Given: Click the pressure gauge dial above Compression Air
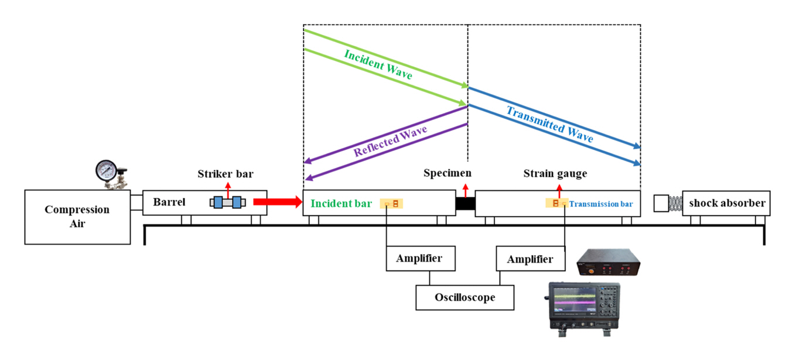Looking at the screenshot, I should click(x=107, y=170).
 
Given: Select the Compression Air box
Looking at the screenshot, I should click(x=77, y=217).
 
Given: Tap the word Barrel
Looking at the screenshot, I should click(x=169, y=203).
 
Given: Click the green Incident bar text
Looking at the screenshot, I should click(x=341, y=204).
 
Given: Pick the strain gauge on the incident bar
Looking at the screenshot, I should click(x=392, y=204).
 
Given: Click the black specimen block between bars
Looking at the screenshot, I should click(x=465, y=204).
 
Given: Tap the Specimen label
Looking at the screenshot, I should click(x=447, y=173).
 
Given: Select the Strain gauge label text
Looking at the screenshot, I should click(x=555, y=173).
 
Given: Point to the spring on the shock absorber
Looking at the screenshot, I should click(x=675, y=203).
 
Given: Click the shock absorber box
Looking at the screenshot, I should click(x=726, y=203).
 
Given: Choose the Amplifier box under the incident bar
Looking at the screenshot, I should click(x=421, y=259).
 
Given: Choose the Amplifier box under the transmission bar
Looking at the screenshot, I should click(x=530, y=259).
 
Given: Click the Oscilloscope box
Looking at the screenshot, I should click(x=464, y=297).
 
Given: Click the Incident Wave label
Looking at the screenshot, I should click(x=378, y=64).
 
